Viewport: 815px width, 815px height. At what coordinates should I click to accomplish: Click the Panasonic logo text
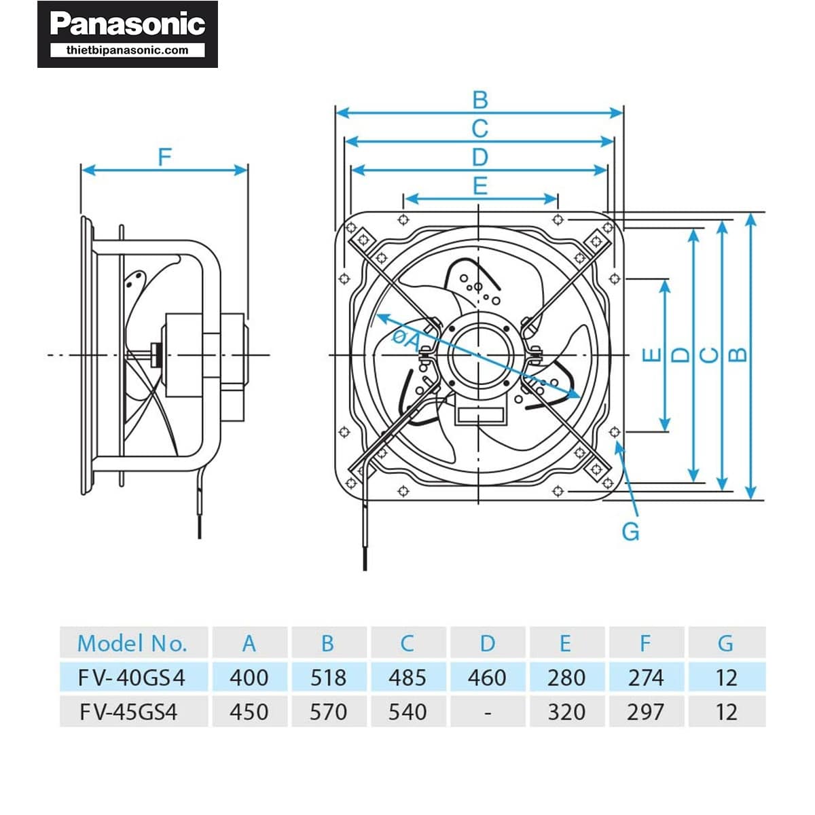pyautogui.click(x=128, y=24)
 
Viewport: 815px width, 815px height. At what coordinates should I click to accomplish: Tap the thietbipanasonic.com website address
pyautogui.click(x=128, y=50)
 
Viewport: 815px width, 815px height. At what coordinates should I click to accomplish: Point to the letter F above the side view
pyautogui.click(x=164, y=158)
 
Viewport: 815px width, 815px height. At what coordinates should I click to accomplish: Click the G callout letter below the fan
pyautogui.click(x=630, y=531)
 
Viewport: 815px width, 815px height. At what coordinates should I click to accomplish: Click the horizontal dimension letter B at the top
pyautogui.click(x=480, y=100)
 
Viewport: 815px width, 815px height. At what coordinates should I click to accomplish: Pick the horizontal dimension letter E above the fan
pyautogui.click(x=480, y=185)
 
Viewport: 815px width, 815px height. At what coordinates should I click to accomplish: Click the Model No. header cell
pyautogui.click(x=132, y=643)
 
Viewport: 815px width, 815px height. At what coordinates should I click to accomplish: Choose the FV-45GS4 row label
pyautogui.click(x=128, y=712)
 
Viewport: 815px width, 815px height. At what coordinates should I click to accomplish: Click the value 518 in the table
pyautogui.click(x=328, y=677)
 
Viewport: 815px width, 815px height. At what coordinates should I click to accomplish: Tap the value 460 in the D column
pyautogui.click(x=487, y=677)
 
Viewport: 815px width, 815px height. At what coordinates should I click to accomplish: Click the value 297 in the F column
pyautogui.click(x=645, y=712)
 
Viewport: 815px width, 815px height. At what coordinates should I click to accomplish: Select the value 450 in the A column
pyautogui.click(x=249, y=712)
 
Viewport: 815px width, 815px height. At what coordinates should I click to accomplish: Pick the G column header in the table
pyautogui.click(x=725, y=643)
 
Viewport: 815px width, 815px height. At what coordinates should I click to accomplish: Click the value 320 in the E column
pyautogui.click(x=566, y=712)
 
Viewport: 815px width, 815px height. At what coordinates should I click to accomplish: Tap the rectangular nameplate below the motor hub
pyautogui.click(x=480, y=415)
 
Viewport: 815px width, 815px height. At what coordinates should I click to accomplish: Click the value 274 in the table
pyautogui.click(x=645, y=677)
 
